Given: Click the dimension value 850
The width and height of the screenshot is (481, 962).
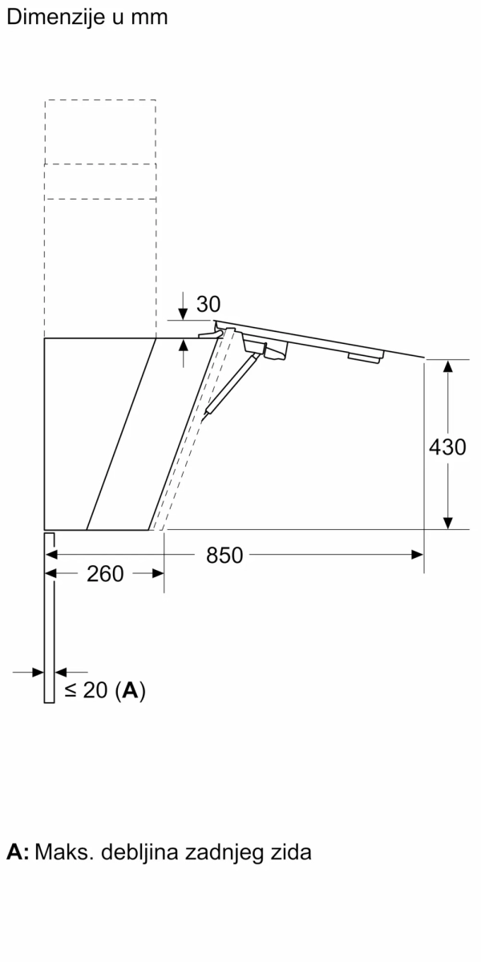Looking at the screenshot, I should pos(224,555).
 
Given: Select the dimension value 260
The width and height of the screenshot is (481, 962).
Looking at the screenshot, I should pos(105,574).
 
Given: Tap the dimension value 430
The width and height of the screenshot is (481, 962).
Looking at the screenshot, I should pos(447,447).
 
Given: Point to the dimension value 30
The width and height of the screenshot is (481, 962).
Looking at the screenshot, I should pos(208,305).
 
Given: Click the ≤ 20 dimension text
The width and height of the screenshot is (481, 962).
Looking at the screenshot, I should pos(86,690).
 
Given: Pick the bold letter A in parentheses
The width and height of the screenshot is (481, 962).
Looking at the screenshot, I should pos(131,690).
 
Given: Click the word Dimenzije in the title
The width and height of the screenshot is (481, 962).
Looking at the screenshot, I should pos(54,17).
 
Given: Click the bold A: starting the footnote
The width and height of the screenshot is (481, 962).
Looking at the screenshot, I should pos(18,852).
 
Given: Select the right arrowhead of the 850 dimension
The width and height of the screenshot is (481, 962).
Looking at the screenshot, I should pos(417,554).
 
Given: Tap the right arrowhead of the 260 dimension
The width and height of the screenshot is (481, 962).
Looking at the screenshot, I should pos(157,574).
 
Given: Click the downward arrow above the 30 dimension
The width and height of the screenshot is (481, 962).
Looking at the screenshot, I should pos(184,311).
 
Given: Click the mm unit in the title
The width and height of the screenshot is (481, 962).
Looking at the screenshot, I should pos(151,17).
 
